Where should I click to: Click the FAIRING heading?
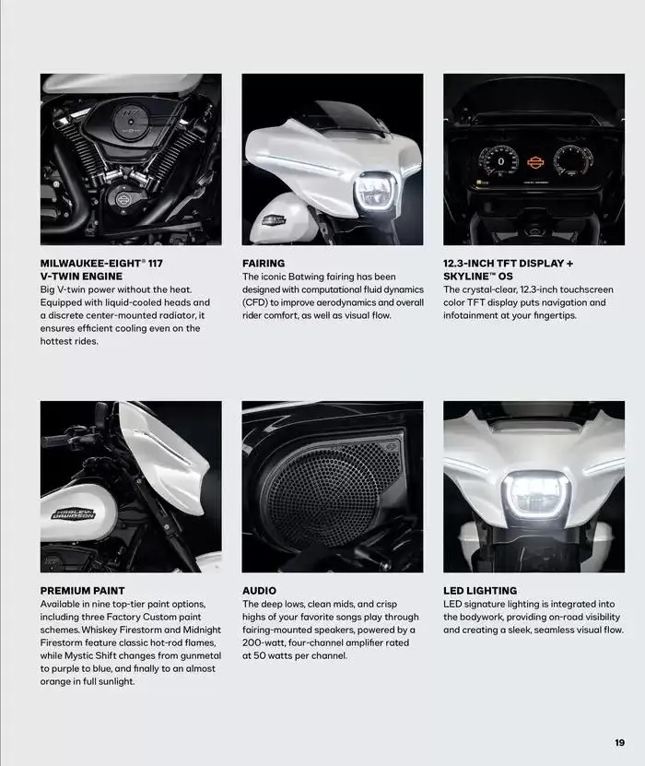point(264,264)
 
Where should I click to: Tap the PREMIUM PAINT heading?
point(82,591)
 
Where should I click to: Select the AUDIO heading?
point(259,591)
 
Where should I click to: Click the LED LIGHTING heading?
point(480,591)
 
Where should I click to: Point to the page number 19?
point(619,742)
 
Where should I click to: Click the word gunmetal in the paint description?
point(193,655)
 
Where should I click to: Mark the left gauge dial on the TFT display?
point(500,162)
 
